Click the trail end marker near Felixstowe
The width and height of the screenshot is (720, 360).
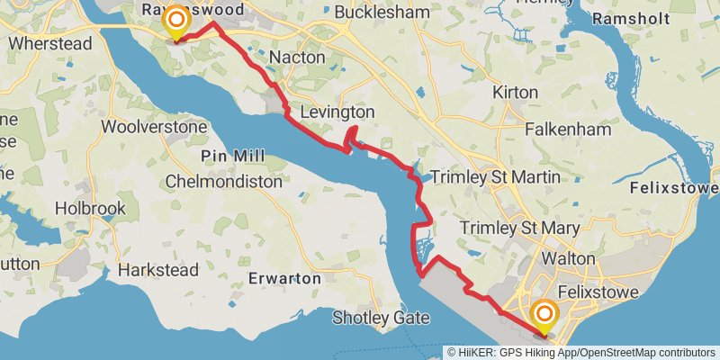pos(544,316)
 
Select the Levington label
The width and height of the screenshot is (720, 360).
pos(337,112)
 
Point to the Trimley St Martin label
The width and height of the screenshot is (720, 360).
pos(496,177)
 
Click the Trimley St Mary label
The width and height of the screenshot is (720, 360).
pos(519,229)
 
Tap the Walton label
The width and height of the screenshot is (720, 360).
pos(568,258)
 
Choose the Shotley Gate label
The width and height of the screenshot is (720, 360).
pos(381,317)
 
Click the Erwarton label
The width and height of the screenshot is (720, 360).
pos(285,278)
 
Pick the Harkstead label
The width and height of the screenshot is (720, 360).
pos(157,270)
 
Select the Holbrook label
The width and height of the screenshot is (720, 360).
pos(90,208)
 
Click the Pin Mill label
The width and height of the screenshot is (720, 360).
pos(233,157)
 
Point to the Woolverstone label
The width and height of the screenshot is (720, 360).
pos(155,127)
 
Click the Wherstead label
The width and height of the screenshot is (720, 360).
pos(50,42)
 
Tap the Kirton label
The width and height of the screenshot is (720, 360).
pos(516,93)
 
